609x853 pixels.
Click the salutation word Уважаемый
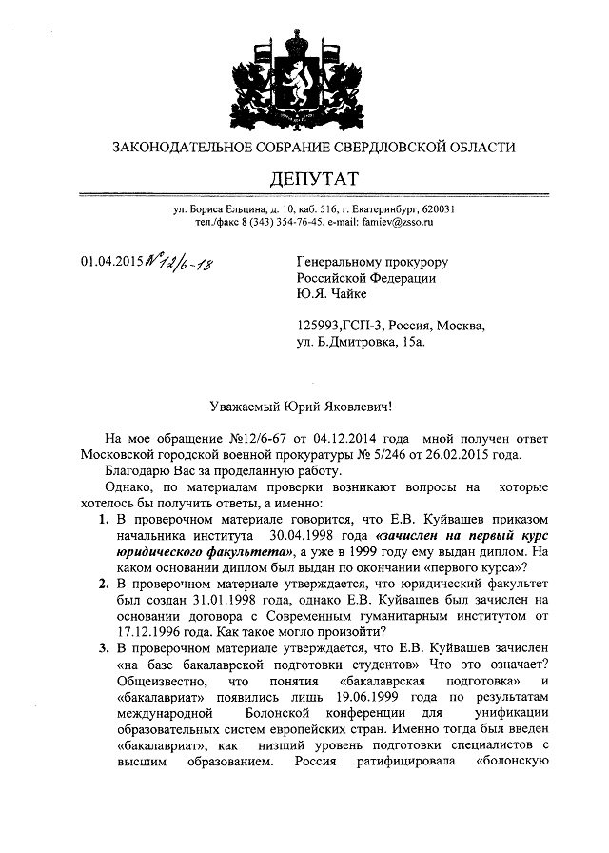[x=249, y=406]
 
